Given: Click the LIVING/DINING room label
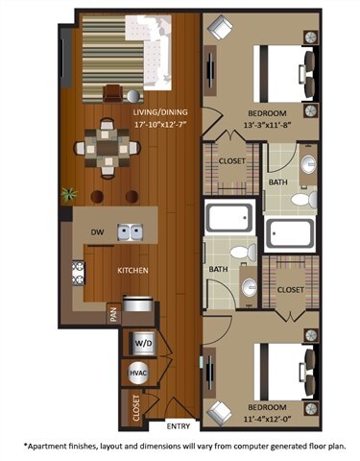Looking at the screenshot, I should (x=134, y=110).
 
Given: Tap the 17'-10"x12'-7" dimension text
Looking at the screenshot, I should (x=134, y=122).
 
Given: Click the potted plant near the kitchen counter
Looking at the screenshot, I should (x=68, y=193).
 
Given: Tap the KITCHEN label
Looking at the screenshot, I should (x=132, y=271).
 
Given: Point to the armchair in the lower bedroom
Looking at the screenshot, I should (x=220, y=410).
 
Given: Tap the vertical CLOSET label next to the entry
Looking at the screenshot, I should (x=135, y=407).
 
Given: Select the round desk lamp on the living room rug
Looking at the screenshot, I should (x=113, y=93).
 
